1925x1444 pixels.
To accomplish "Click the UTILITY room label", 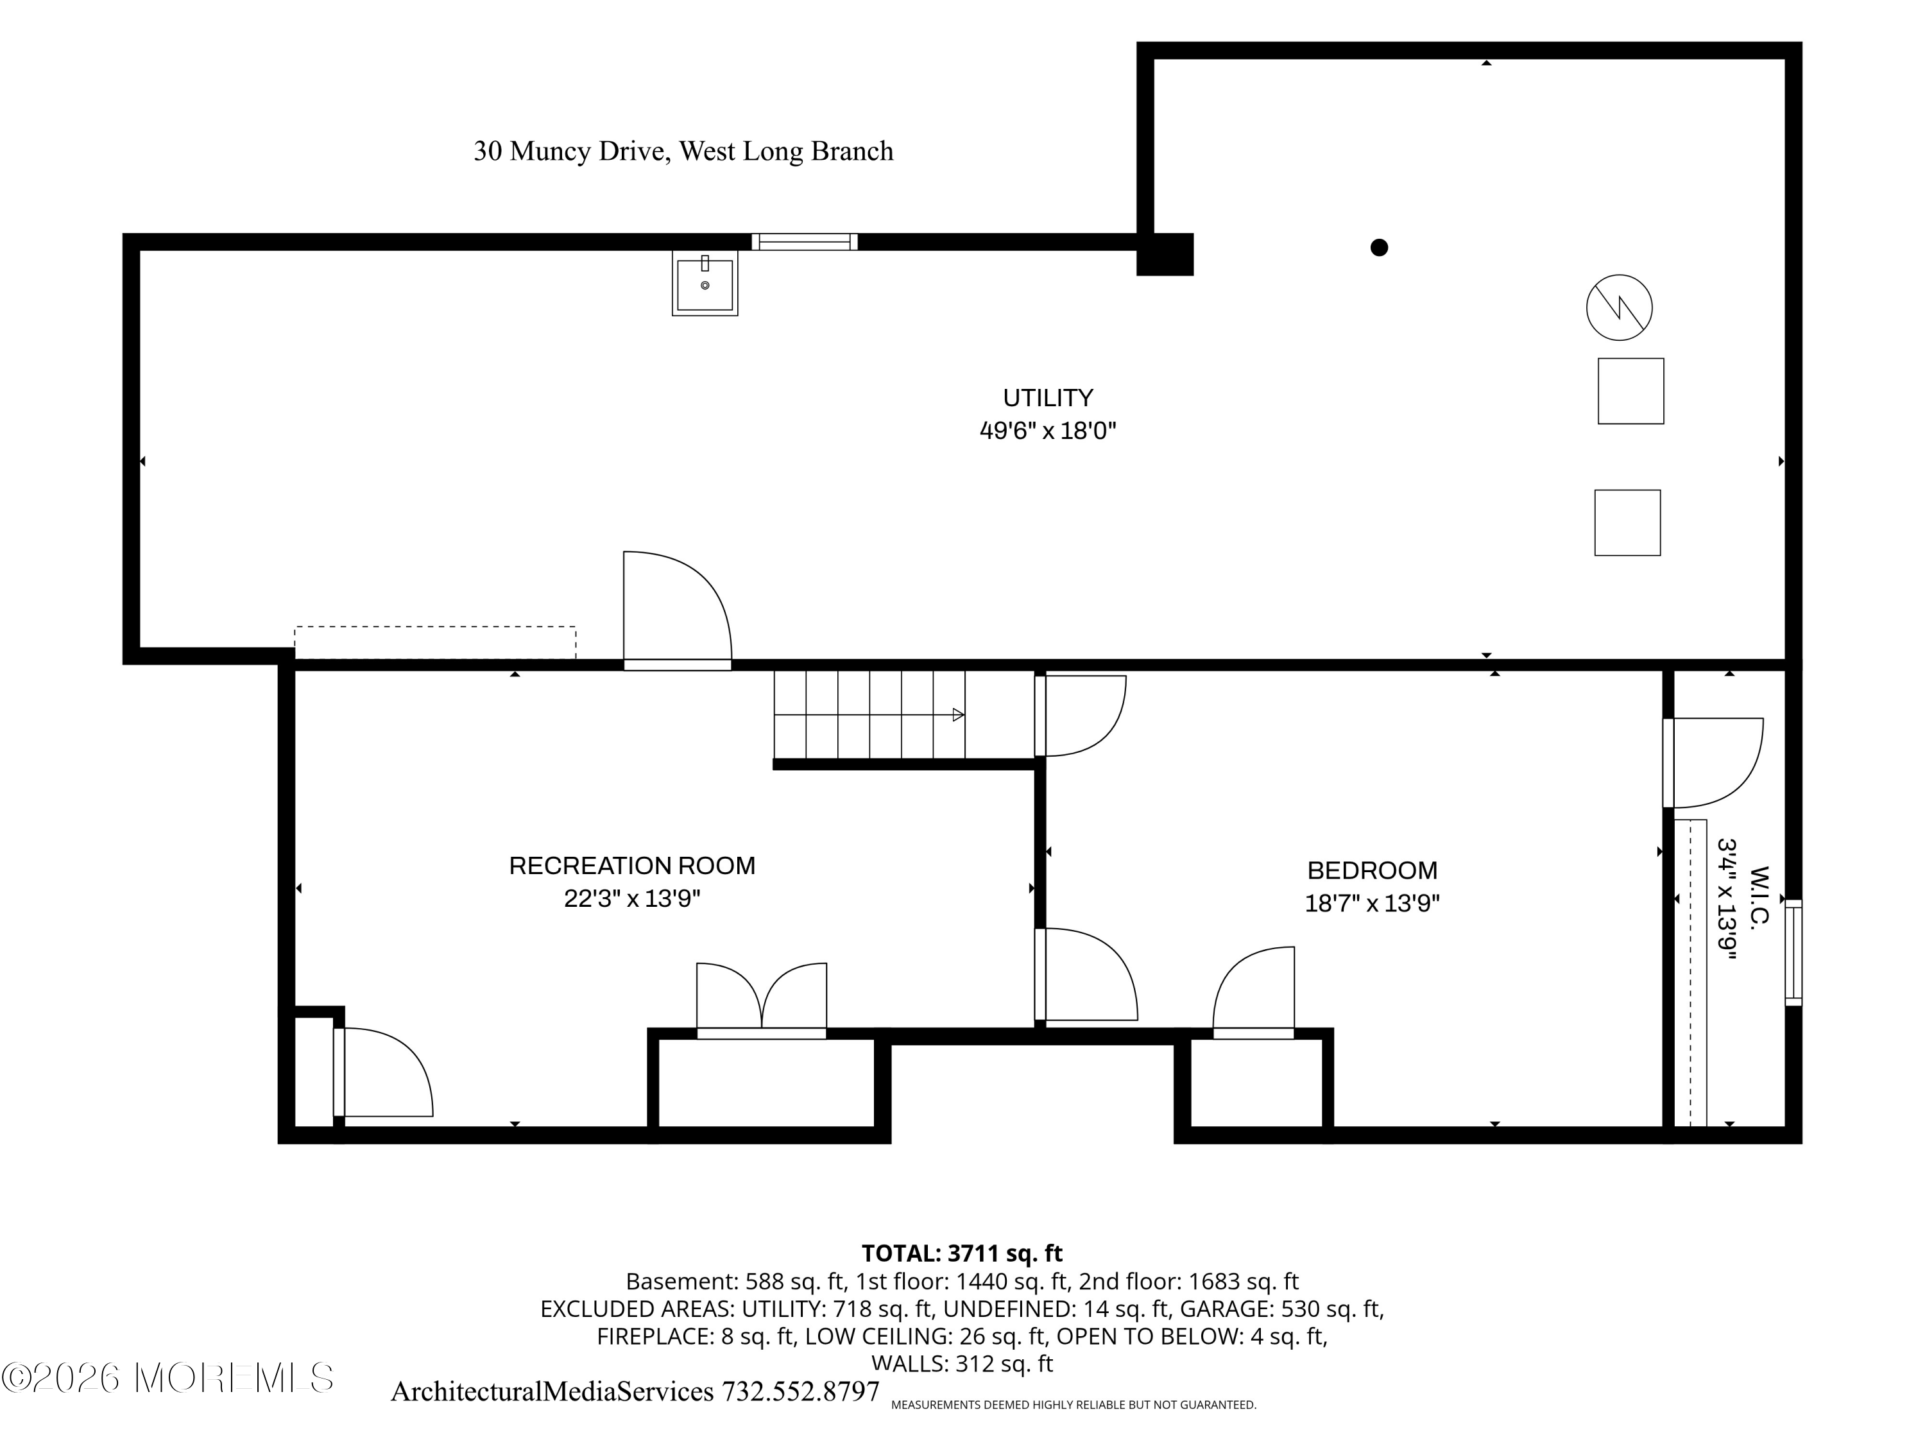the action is [x=1048, y=398].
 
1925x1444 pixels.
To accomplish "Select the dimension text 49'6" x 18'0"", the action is [x=1048, y=431].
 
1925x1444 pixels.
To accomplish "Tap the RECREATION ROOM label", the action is [x=633, y=865].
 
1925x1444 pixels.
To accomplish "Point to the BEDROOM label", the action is [x=1373, y=870].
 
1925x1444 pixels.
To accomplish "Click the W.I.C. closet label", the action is [x=1759, y=897].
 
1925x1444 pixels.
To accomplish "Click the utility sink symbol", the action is [x=705, y=283].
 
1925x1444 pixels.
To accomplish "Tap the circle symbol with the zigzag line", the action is [x=1620, y=307].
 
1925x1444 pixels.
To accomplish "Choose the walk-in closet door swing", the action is [x=1713, y=763].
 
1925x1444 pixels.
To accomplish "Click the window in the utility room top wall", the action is [x=805, y=241].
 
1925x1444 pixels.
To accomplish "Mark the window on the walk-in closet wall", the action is [x=1793, y=953].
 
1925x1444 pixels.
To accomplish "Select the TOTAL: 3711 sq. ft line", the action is [x=962, y=1253].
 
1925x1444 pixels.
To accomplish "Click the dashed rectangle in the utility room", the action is [x=435, y=642].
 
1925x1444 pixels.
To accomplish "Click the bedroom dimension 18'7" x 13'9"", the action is [x=1373, y=904].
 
